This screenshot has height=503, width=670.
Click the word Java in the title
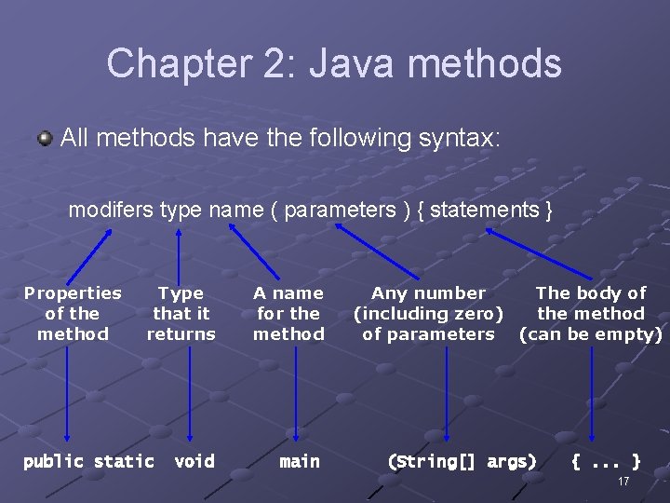click(x=355, y=63)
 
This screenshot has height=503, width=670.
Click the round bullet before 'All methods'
click(x=46, y=139)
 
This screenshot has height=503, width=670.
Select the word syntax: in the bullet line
click(x=455, y=139)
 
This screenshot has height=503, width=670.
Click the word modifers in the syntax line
click(x=112, y=211)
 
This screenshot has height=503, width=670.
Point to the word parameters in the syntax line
click(x=340, y=211)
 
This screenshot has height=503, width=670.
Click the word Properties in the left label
click(x=73, y=293)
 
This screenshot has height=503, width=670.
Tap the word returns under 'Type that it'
click(x=181, y=334)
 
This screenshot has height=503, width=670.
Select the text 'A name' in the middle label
click(x=288, y=293)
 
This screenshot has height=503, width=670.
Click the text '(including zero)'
click(x=428, y=314)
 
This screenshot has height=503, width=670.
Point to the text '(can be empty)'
click(x=591, y=334)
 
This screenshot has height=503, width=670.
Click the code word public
click(x=53, y=461)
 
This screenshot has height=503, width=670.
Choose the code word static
click(x=124, y=461)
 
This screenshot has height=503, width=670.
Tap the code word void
click(x=194, y=461)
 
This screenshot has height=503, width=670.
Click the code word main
click(x=300, y=461)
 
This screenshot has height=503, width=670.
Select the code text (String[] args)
click(x=462, y=461)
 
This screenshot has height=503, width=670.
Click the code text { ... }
click(x=605, y=461)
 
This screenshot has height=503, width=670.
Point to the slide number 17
click(x=623, y=482)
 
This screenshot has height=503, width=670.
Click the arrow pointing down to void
click(x=189, y=391)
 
